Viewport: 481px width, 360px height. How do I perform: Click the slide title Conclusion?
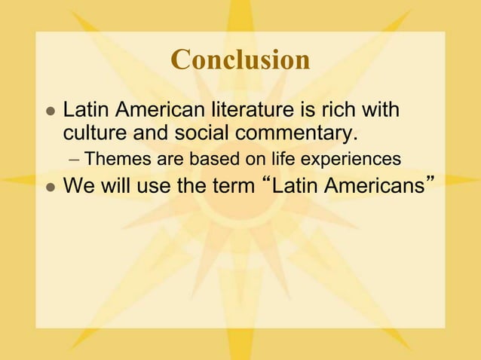tap(240, 60)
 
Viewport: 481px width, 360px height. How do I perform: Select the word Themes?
tap(116, 160)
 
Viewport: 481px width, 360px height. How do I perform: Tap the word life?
tap(283, 160)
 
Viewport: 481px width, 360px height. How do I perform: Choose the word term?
tap(227, 185)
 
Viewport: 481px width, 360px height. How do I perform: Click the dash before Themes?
tap(75, 160)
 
